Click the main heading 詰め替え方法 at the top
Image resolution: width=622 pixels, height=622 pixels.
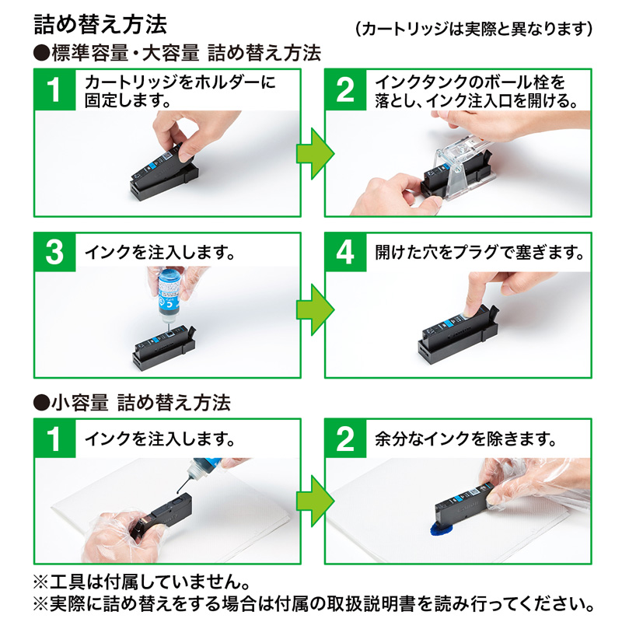tap(100, 24)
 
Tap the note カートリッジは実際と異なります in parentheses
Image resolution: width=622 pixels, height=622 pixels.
tap(473, 30)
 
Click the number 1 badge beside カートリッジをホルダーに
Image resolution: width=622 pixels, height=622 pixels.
tap(54, 89)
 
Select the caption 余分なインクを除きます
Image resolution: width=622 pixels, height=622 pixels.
tap(465, 439)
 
